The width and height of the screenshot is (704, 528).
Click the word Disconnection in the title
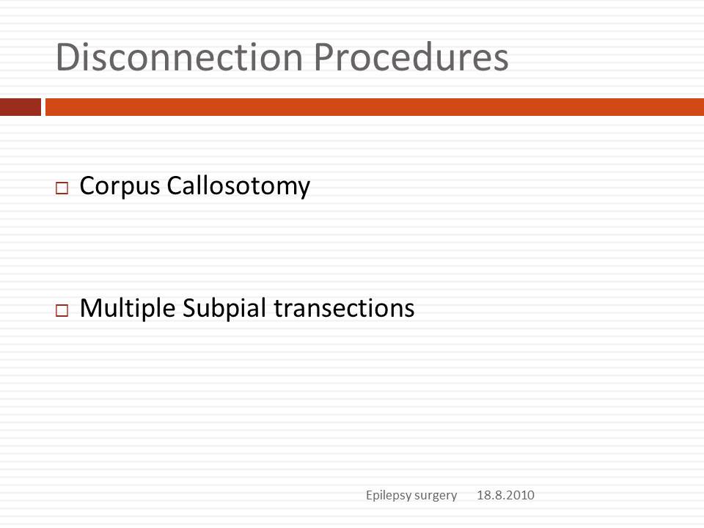pyautogui.click(x=179, y=57)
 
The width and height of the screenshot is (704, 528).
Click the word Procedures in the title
pyautogui.click(x=411, y=57)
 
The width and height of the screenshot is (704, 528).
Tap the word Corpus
pyautogui.click(x=120, y=186)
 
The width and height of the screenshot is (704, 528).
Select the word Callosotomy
pyautogui.click(x=238, y=186)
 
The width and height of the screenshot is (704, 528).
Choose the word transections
pyautogui.click(x=345, y=309)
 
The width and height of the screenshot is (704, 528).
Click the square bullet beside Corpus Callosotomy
pyautogui.click(x=62, y=188)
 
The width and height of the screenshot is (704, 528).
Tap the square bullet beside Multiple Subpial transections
pyautogui.click(x=62, y=310)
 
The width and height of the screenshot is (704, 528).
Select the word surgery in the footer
pyautogui.click(x=436, y=496)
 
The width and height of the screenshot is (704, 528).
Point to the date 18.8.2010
pyautogui.click(x=505, y=495)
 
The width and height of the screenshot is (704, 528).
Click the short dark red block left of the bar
pyautogui.click(x=21, y=107)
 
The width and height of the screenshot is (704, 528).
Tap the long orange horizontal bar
pyautogui.click(x=375, y=107)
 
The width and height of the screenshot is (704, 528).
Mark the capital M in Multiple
pyautogui.click(x=91, y=308)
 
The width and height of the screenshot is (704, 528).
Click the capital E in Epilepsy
pyautogui.click(x=370, y=495)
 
